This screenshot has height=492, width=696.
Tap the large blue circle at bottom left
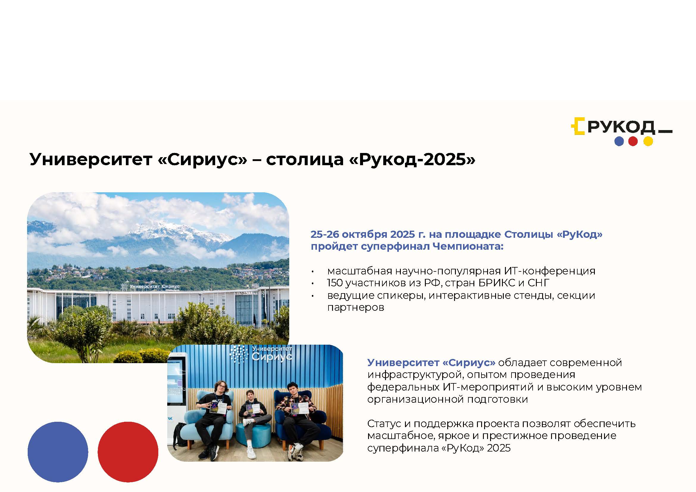[x=58, y=452]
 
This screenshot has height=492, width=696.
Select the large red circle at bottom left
[x=128, y=452]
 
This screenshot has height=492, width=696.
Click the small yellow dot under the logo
[x=648, y=141]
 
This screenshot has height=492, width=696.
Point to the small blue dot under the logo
[x=619, y=141]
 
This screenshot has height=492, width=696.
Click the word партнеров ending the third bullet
[x=356, y=308]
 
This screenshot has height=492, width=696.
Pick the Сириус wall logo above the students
[x=261, y=354]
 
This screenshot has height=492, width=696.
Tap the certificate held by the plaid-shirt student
[x=300, y=408]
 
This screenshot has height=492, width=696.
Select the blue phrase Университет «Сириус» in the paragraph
[x=431, y=363]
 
